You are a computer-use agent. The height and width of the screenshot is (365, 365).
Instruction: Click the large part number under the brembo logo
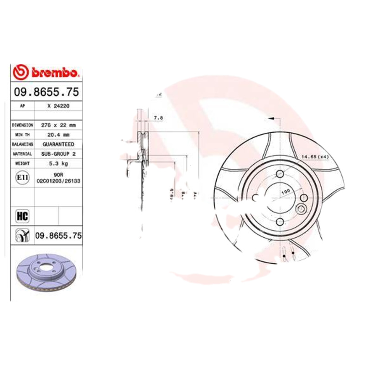pos(46,92)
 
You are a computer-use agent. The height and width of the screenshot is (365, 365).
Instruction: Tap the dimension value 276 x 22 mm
pos(58,125)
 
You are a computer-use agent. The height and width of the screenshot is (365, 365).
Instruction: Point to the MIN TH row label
pos(22,135)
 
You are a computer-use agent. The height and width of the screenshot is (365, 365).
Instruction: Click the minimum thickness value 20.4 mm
pos(58,135)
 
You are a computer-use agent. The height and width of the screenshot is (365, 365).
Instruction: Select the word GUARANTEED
pos(58,144)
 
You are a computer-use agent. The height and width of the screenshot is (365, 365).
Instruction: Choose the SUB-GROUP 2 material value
pos(58,154)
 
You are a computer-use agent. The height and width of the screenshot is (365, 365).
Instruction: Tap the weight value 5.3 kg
pos(58,163)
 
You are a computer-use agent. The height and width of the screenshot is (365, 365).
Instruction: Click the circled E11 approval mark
pos(22,177)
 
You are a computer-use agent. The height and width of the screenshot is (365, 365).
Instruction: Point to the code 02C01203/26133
pos(58,181)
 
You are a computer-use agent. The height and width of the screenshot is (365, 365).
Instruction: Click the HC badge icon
pos(22,215)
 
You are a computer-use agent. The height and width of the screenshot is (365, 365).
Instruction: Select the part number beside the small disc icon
pos(58,236)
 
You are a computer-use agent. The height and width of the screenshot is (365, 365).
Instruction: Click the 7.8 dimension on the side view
pos(158,119)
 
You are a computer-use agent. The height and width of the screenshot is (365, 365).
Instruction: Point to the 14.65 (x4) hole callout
pos(315,157)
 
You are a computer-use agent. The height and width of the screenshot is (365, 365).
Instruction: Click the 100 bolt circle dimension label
pos(286,192)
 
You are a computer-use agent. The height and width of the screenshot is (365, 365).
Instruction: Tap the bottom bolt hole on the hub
pos(279,221)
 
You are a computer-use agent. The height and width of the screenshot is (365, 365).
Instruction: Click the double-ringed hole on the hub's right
pos(301,209)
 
